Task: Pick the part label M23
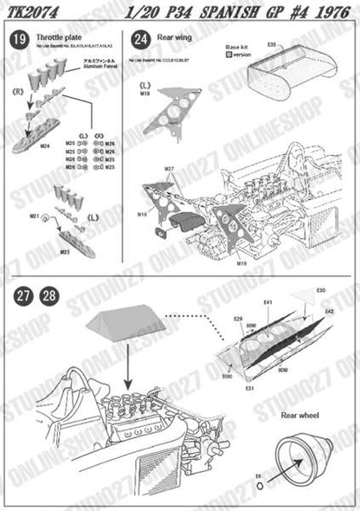tap(64, 251)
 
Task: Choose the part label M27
tap(169, 167)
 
